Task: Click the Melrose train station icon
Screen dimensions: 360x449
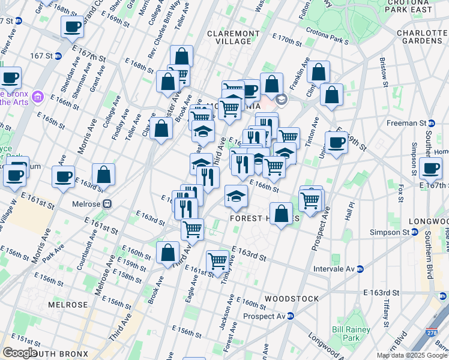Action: click(107, 203)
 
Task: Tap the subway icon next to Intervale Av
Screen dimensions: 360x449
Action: click(360, 269)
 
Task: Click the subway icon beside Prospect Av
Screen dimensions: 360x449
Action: click(290, 316)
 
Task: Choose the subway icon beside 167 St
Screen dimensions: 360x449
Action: click(58, 56)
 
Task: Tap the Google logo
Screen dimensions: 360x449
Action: click(19, 353)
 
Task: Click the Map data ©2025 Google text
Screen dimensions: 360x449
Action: click(412, 355)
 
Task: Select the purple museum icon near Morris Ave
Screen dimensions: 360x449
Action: click(37, 96)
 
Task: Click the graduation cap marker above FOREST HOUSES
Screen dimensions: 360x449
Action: click(237, 196)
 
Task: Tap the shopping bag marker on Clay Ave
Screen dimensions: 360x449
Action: click(161, 128)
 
